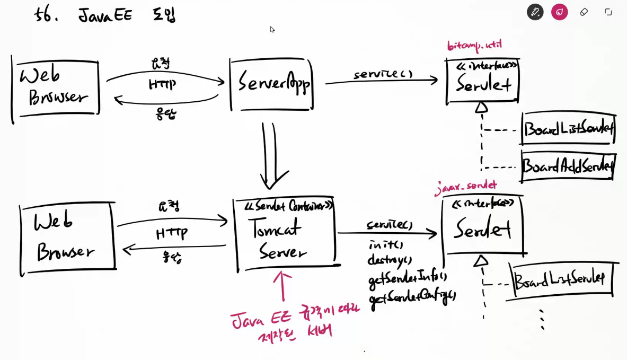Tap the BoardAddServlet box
click(x=568, y=166)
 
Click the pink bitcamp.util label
click(x=474, y=46)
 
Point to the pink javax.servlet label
click(x=466, y=186)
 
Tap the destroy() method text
click(x=390, y=260)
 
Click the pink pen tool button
click(x=559, y=12)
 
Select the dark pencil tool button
click(x=535, y=12)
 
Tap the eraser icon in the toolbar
click(x=584, y=12)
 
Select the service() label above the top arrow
click(x=383, y=74)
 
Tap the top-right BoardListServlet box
click(x=568, y=129)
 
